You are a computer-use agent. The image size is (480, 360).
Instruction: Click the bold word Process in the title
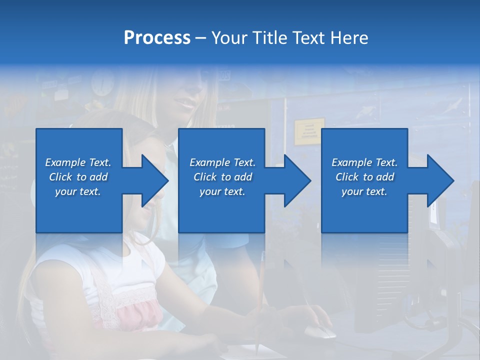point(157,38)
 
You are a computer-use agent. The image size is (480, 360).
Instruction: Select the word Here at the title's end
point(347,38)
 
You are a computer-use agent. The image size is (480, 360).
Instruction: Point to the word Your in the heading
point(229,38)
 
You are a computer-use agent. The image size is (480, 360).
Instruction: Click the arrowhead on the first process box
point(155,180)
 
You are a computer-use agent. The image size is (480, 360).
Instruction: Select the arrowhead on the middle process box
point(297,180)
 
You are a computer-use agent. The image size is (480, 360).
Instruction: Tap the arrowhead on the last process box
point(440,180)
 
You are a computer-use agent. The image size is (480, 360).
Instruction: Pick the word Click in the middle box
point(205,177)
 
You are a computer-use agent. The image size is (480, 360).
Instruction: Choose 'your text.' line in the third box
point(364,191)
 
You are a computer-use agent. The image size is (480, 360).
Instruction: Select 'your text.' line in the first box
point(78,191)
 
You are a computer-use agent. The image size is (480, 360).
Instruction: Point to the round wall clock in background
point(103,83)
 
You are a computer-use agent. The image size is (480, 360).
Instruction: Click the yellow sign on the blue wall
point(308,131)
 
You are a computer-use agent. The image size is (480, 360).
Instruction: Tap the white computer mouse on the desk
point(319,331)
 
